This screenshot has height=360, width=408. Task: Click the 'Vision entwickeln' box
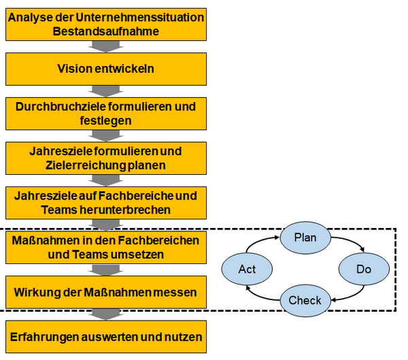tap(106, 69)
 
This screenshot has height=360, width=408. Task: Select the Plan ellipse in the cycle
tap(305, 238)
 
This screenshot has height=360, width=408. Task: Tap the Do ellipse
tap(364, 269)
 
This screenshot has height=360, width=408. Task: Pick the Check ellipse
tap(305, 300)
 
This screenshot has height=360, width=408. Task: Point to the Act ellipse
tap(247, 269)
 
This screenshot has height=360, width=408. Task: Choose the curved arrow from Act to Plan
tap(260, 241)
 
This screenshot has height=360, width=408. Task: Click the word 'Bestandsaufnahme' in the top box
tap(106, 31)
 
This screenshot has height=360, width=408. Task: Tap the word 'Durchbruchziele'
tap(61, 107)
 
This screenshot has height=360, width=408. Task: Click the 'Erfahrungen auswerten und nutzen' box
tap(106, 337)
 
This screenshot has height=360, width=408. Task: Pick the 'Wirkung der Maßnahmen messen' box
tap(106, 292)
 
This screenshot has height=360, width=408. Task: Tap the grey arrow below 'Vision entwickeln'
tap(105, 91)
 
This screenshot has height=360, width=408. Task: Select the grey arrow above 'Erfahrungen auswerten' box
tap(105, 314)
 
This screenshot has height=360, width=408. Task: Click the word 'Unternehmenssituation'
tap(140, 18)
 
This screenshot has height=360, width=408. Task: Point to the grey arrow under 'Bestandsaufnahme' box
tap(105, 46)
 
